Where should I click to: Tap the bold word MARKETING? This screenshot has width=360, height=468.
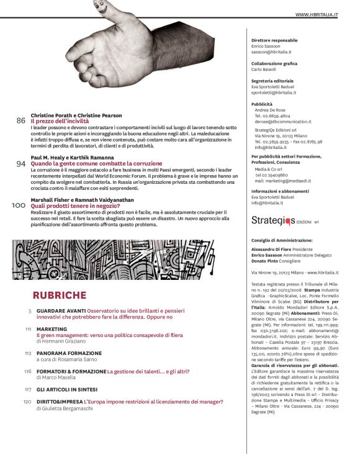(x=52, y=329)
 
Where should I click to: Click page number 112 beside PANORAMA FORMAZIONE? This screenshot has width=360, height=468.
(x=28, y=353)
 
